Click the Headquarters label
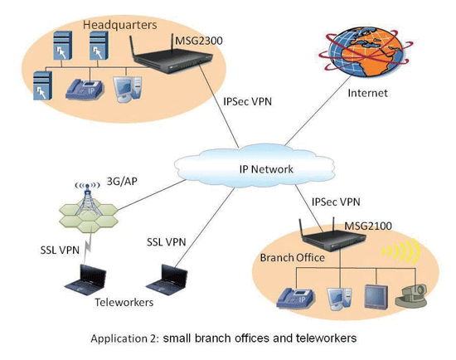(120, 25)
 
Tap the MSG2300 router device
(172, 56)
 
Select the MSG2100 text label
(368, 226)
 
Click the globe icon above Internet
(366, 51)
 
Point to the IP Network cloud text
(266, 169)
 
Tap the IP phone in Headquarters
(85, 90)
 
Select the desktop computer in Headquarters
(128, 89)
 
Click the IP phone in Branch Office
(295, 298)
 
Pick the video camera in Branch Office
(411, 295)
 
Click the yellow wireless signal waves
(401, 251)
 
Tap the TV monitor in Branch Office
(376, 296)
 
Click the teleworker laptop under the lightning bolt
(85, 280)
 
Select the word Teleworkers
(124, 303)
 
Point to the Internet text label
(367, 93)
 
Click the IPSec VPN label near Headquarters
(248, 101)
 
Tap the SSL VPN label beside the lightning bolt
(60, 250)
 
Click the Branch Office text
(293, 258)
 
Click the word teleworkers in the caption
(327, 338)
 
